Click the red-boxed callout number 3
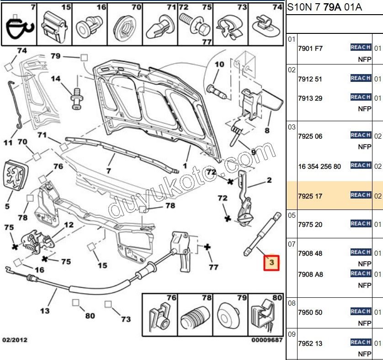[271, 263]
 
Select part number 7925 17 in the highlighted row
[310, 196]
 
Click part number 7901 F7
[310, 48]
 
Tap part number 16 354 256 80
[319, 167]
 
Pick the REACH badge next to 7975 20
[360, 224]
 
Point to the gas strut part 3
[262, 233]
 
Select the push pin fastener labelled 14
[76, 97]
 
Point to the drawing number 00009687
[267, 340]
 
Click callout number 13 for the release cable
[44, 311]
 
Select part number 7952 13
[310, 344]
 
